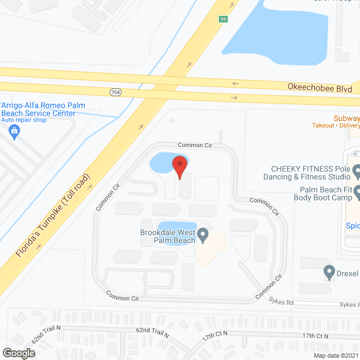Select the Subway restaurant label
346,118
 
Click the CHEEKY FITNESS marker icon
355,168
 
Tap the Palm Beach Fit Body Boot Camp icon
355,194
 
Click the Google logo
18,353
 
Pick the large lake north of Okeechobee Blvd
281,34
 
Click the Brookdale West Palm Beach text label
167,237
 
